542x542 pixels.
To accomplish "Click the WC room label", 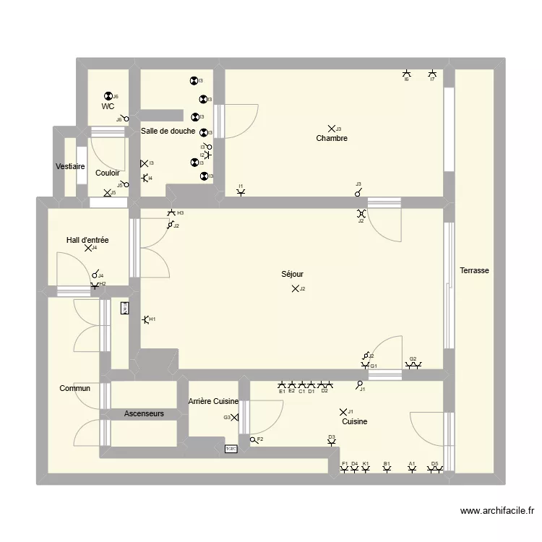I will point(108,106).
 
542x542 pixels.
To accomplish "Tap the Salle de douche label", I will point(168,131).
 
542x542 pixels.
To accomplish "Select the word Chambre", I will point(332,138).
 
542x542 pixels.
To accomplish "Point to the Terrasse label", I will point(474,271).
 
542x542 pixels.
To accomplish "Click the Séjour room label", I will point(293,274).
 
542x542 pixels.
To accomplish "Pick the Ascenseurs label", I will point(144,414).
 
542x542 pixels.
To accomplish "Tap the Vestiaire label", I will point(71,167).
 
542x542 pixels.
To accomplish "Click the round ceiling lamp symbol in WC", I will point(108,96).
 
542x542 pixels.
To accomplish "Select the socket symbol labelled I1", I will point(241,192).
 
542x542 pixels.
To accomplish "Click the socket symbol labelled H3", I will point(171,212).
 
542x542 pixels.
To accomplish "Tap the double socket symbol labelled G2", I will point(413,366).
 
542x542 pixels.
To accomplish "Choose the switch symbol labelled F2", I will point(252,439).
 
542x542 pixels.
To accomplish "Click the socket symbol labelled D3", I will point(332,443).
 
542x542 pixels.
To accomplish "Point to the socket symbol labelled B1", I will point(387,470).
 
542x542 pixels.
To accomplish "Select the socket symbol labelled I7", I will point(432,73).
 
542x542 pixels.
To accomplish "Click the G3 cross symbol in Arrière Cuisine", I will point(235,418).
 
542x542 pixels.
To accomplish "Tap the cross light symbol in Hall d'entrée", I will point(88,248).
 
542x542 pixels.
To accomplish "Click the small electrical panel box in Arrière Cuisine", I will point(231,449).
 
